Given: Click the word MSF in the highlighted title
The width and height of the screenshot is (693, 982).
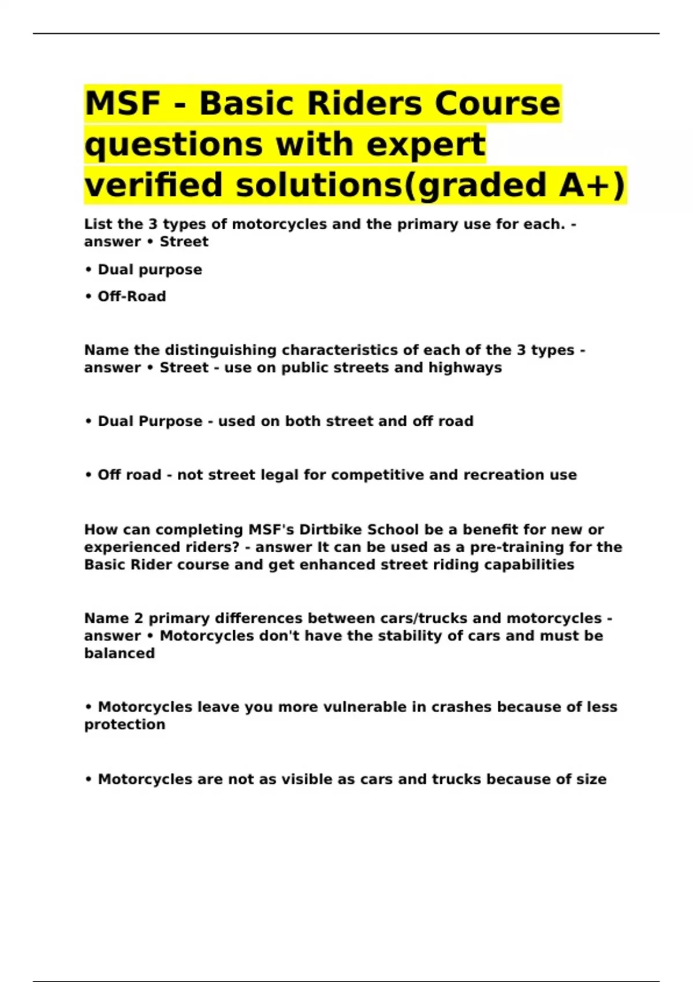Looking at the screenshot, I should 122,103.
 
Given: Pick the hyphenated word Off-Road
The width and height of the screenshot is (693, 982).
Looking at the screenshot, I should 132,296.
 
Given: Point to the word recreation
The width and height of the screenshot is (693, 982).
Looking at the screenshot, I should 495,475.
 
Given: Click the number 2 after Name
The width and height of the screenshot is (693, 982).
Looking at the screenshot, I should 139,618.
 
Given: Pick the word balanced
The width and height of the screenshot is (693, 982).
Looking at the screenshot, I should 120,653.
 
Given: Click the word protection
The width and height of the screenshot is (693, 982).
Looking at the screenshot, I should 125,724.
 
